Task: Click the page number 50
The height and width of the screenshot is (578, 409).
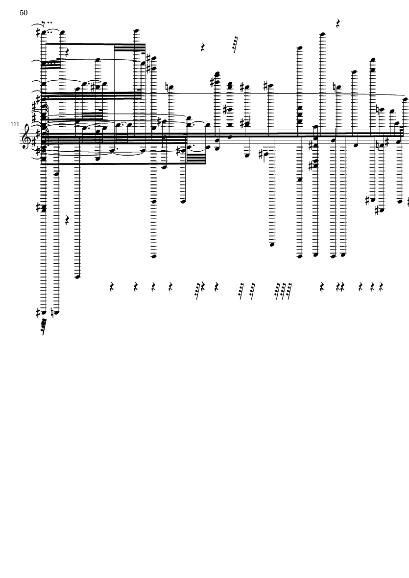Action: (x=24, y=13)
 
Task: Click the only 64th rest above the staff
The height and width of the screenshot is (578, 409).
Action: (x=235, y=44)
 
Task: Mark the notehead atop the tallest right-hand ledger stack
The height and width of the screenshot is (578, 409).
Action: (x=322, y=34)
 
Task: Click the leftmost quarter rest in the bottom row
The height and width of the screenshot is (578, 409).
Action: (x=112, y=287)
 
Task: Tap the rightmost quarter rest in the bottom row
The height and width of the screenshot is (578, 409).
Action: (x=381, y=287)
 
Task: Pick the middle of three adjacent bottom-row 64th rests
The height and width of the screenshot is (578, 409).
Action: (x=283, y=291)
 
